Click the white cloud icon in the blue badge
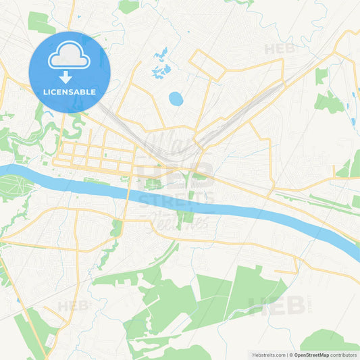[69, 56]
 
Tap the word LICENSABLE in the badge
[69, 91]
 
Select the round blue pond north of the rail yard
[176, 99]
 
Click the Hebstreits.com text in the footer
[268, 355]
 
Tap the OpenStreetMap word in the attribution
[311, 355]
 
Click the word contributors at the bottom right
[344, 355]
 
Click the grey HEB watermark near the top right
[279, 49]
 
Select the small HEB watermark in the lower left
[73, 305]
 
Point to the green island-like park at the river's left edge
[15, 184]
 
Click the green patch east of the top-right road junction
[329, 102]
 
